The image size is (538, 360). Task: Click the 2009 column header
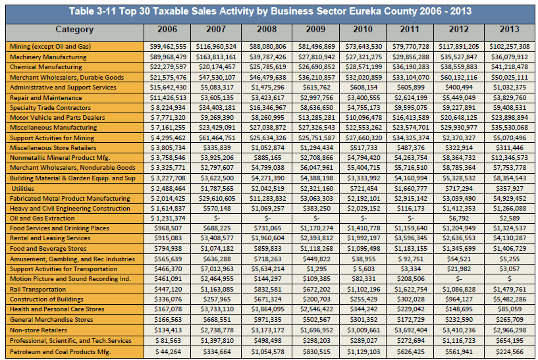(x=315, y=30)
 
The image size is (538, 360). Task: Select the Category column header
(x=74, y=30)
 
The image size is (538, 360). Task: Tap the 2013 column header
(x=510, y=30)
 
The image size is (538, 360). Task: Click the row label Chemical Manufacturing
(x=46, y=67)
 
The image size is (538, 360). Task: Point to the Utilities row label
(x=22, y=189)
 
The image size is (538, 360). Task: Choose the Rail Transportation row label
(x=38, y=290)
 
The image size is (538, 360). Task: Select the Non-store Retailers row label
(x=38, y=330)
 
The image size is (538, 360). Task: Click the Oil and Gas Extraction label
(x=42, y=219)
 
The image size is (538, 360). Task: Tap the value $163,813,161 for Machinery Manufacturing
(x=216, y=57)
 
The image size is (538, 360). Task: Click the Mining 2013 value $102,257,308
(x=510, y=47)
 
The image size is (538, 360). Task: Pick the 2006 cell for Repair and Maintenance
(x=168, y=98)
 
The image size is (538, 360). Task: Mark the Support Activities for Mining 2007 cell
(x=216, y=138)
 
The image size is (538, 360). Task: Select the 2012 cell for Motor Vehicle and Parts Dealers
(x=459, y=118)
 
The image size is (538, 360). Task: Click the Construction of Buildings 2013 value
(x=510, y=299)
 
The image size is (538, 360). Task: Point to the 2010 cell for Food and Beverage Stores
(x=363, y=249)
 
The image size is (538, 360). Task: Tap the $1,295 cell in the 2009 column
(x=316, y=269)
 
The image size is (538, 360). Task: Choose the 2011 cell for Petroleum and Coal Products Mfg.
(x=411, y=352)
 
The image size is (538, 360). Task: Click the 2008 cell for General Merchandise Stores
(x=267, y=320)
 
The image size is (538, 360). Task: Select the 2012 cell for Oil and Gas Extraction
(x=459, y=219)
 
